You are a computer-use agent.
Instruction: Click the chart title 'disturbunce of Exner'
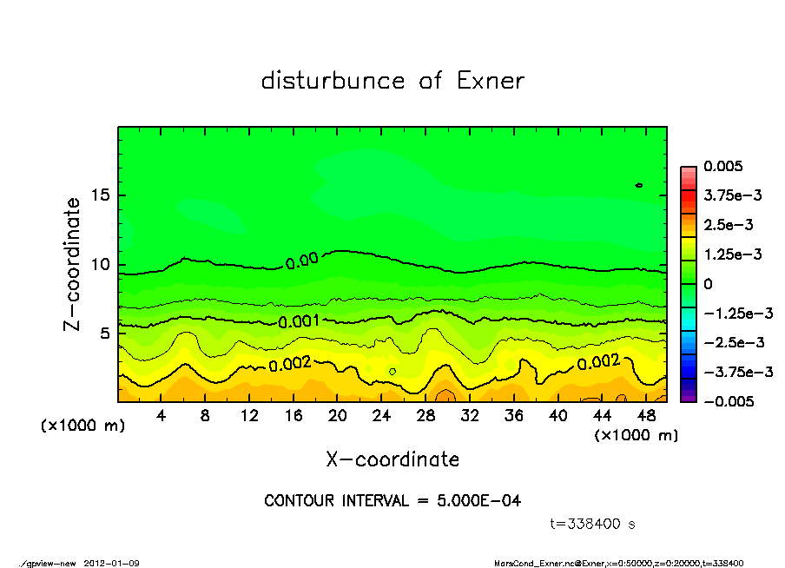click(392, 82)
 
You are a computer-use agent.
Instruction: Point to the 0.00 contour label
click(301, 260)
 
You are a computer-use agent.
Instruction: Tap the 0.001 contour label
click(299, 321)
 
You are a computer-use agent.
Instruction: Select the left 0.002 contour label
click(290, 365)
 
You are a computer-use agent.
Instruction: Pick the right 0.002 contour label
click(598, 361)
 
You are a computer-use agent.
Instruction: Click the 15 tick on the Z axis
click(100, 195)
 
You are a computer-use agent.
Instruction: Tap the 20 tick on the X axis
click(338, 417)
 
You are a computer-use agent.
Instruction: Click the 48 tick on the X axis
click(646, 417)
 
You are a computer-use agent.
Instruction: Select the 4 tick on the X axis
click(162, 417)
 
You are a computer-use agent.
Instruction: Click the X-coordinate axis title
click(392, 459)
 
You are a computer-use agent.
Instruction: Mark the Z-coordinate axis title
click(73, 264)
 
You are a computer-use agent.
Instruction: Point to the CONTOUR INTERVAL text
click(392, 501)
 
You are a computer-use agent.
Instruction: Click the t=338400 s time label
click(594, 524)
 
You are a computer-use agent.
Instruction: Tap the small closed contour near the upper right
click(639, 185)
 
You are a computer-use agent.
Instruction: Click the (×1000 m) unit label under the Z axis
click(83, 426)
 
